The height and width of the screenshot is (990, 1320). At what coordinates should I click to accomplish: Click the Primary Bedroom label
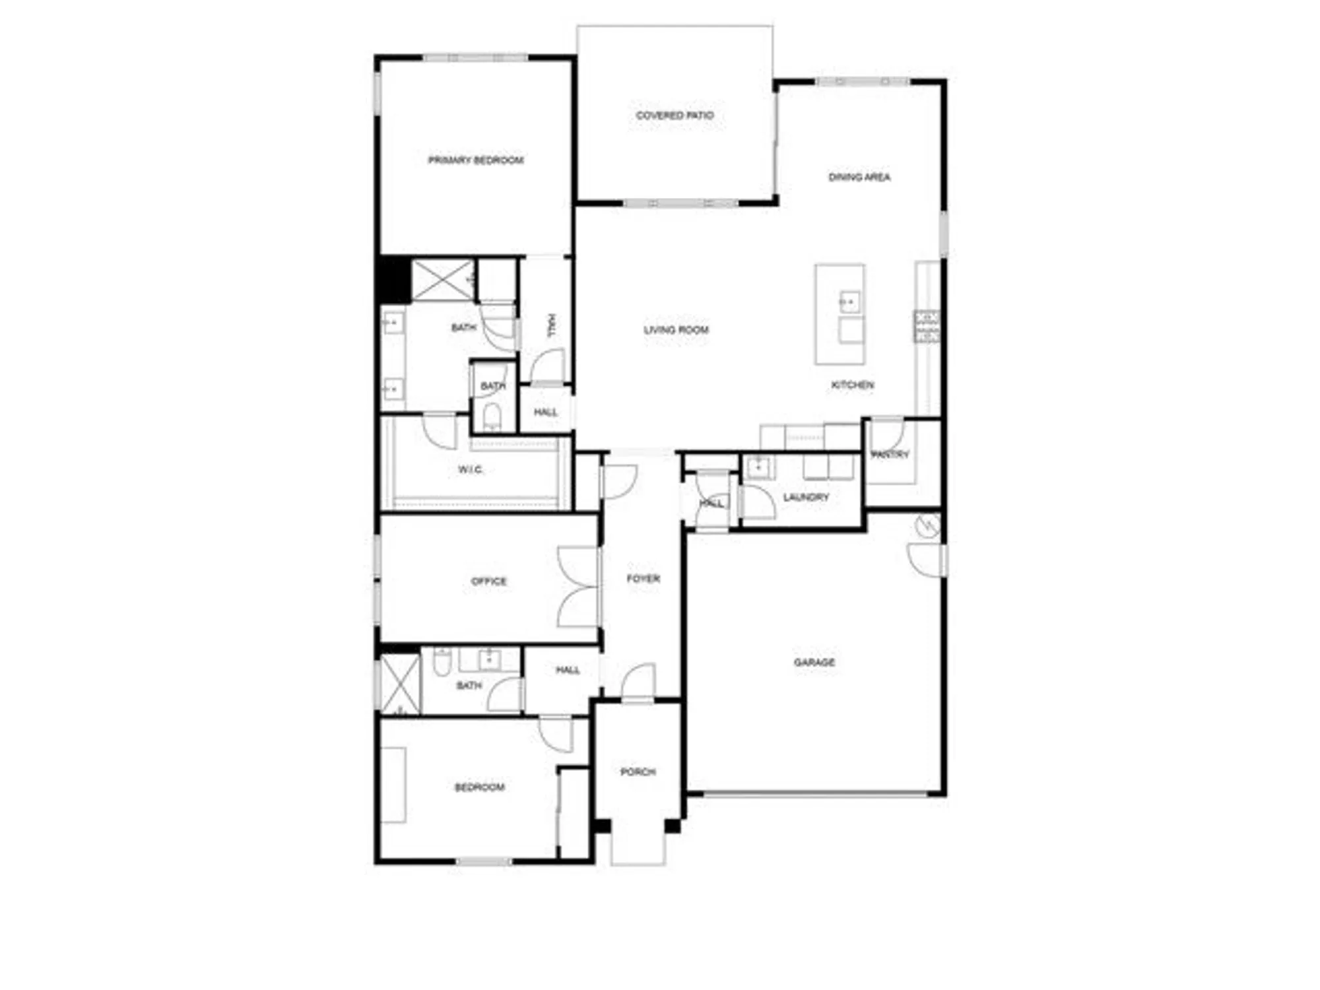coord(475,160)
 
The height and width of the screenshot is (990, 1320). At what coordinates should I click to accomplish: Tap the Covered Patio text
coord(675,115)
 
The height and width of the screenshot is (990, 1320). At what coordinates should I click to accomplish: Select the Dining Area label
coord(859,177)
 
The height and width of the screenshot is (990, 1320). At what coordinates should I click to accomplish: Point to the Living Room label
coord(676,329)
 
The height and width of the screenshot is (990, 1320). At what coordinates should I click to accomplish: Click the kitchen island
coord(840,314)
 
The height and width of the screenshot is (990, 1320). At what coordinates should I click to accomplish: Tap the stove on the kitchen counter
coord(927,326)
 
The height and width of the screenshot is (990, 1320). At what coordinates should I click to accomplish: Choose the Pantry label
coord(890,454)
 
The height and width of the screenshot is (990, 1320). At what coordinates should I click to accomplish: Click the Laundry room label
coord(805,497)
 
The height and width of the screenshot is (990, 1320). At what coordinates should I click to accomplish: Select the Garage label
coord(814,662)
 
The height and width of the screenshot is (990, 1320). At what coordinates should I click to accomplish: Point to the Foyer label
coord(643,579)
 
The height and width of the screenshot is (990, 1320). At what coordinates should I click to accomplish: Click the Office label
coord(488,581)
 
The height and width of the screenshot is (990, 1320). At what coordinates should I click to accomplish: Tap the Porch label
coord(638,772)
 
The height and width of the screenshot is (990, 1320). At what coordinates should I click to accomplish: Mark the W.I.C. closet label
coord(470,470)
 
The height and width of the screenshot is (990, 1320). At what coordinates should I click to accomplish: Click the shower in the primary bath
coord(442,280)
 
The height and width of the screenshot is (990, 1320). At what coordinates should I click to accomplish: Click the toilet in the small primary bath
coord(492,416)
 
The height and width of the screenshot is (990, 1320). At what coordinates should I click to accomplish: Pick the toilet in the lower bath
coord(442,663)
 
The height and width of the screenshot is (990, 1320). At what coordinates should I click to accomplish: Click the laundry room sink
coord(758,467)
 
